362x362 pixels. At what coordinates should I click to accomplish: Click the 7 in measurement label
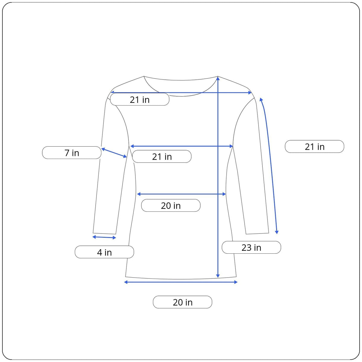point(71,153)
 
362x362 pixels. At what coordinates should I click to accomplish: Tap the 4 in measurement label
point(104,252)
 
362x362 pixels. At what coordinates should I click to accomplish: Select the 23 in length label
point(251,247)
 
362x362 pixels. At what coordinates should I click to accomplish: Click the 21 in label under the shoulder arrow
point(140,99)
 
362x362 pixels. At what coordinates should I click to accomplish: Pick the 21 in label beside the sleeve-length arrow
point(314,147)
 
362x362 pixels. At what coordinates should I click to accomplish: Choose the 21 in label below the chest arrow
point(162,157)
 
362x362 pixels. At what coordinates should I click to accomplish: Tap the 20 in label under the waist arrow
point(171,205)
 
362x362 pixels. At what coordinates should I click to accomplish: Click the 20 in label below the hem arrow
point(183,302)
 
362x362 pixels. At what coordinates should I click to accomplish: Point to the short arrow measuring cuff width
point(104,237)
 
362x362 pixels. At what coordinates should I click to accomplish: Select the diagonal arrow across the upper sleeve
point(114,153)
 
